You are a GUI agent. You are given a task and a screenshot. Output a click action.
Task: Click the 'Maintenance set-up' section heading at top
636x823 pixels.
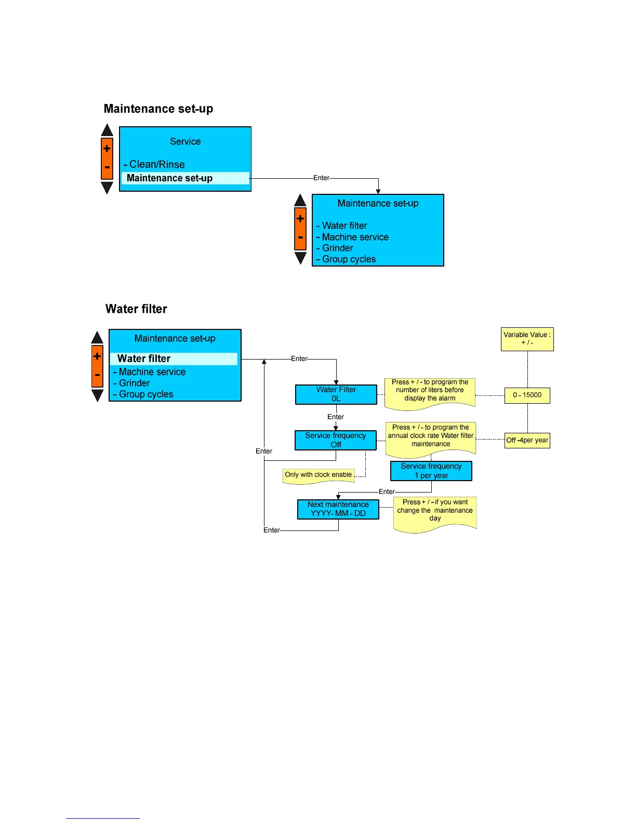[158, 109]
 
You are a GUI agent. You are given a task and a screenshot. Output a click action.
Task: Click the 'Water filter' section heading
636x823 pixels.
[136, 309]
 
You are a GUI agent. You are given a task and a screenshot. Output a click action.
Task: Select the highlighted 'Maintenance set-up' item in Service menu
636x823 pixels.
[169, 178]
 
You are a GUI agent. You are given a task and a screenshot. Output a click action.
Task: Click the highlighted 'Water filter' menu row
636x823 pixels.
[144, 359]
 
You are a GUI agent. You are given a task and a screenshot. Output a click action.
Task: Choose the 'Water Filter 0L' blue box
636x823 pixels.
[336, 394]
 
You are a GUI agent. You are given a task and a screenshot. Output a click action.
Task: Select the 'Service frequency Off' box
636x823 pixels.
[336, 440]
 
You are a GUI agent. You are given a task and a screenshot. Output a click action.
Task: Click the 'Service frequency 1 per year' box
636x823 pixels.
[431, 471]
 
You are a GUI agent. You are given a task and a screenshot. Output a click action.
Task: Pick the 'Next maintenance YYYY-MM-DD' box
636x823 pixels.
[338, 509]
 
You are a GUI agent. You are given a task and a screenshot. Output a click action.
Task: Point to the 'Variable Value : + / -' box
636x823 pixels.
[527, 339]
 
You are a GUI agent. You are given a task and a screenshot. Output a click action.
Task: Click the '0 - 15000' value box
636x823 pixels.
[527, 395]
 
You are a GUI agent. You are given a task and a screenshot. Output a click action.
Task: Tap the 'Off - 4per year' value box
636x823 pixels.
[527, 441]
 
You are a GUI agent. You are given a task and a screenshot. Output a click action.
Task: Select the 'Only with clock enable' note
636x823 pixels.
[319, 475]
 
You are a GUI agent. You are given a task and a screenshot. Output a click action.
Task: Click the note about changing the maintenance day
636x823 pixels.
[435, 511]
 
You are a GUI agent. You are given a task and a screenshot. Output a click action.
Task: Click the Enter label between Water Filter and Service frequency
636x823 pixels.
[336, 417]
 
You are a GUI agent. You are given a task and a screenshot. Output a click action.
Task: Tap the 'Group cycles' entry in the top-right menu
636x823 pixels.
[349, 259]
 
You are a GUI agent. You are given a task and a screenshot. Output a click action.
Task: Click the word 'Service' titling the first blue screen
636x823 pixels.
[186, 142]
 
